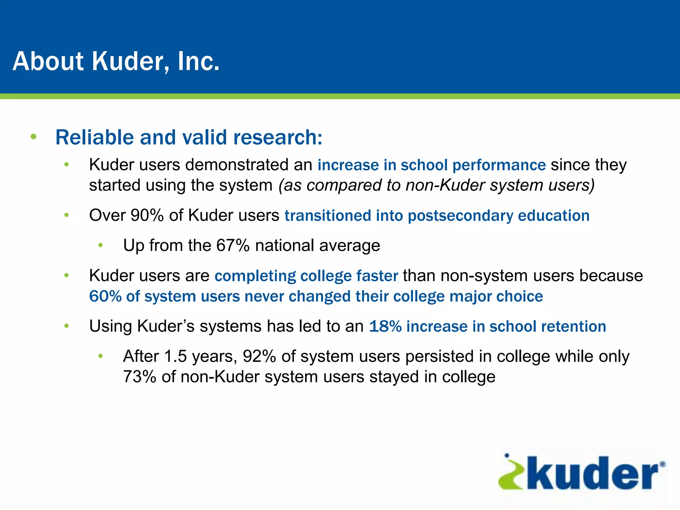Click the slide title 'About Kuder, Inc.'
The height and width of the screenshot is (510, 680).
116,61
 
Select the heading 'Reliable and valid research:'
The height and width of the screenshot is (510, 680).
189,137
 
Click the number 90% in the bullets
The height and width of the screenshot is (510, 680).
147,215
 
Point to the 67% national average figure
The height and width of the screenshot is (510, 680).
233,246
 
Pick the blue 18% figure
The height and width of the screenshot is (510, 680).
385,326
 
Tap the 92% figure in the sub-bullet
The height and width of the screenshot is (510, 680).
259,356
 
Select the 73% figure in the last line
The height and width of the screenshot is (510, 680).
139,377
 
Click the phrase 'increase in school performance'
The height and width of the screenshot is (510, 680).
432,165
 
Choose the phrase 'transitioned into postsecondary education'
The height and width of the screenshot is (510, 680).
437,215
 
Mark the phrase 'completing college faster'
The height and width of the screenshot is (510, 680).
306,276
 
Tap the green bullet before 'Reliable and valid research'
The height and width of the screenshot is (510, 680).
33,136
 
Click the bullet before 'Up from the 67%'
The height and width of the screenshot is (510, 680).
101,246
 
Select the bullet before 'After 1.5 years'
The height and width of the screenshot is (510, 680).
101,356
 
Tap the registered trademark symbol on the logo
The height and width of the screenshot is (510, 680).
662,464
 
